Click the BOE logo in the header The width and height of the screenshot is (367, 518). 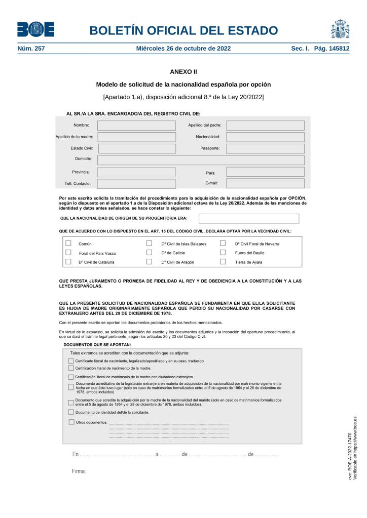[35, 29]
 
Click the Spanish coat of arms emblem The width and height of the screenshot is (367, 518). [340, 29]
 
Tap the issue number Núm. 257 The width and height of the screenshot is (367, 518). [31, 49]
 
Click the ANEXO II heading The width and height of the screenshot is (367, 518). [183, 71]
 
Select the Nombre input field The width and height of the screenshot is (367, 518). [136, 126]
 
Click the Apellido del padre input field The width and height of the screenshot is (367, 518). [265, 126]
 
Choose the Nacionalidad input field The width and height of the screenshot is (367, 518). [265, 137]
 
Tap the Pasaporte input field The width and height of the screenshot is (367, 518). [265, 149]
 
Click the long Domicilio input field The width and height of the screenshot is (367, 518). [201, 160]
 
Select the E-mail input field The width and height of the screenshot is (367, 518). [265, 183]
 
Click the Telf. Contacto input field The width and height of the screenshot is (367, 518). [136, 184]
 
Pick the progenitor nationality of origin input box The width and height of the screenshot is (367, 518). [248, 219]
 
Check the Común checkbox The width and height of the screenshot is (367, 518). [68, 243]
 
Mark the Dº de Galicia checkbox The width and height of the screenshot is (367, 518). [149, 252]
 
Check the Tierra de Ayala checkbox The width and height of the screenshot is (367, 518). [223, 262]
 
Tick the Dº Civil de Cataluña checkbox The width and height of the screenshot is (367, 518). [68, 262]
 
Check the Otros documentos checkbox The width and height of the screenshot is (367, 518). [71, 422]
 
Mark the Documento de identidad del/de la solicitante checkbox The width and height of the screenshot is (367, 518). [71, 412]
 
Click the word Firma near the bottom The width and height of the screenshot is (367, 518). [79, 471]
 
